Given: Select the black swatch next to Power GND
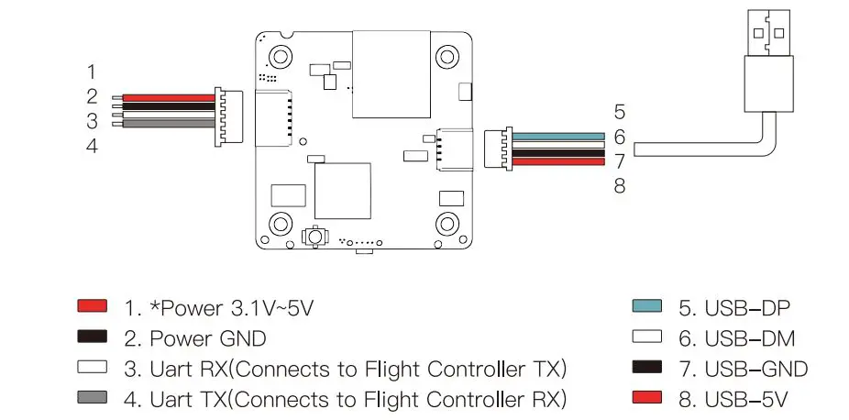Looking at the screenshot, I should [94, 337].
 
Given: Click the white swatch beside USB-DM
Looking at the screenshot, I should [648, 337].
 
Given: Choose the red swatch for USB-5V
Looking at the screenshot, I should [648, 398].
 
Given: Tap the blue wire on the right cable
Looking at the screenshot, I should [558, 136].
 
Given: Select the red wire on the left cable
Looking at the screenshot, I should [166, 97].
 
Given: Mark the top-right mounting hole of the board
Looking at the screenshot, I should [447, 53].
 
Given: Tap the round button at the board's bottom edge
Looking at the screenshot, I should [314, 237].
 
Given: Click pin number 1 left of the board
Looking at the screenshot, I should [92, 71].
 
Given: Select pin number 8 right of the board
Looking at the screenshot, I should [620, 186].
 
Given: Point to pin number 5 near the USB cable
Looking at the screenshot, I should [620, 112].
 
